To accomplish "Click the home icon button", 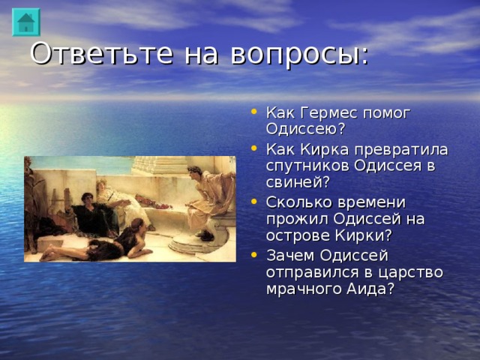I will [26, 22].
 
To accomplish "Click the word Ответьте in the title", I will [84, 54].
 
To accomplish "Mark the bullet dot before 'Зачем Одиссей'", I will [256, 255].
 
